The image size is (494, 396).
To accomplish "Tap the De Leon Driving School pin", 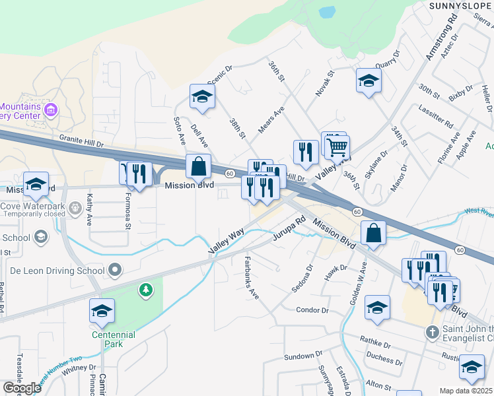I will coord(116,270).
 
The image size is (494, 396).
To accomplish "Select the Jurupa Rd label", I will coord(290,234).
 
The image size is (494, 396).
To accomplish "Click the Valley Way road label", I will coord(227,242).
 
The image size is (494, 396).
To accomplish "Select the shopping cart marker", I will coord(337,148).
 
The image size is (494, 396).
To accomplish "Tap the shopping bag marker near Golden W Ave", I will coord(373,233).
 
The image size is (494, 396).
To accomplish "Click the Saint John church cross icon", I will coord(432,332).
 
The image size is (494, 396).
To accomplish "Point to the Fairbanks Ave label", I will coord(252,278).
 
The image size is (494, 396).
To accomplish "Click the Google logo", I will coord(22,388).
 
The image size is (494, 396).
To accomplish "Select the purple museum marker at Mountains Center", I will coord(51,110).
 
